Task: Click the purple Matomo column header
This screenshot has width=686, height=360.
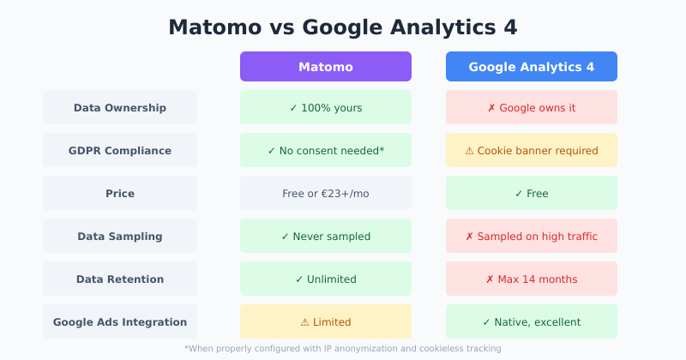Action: [326, 67]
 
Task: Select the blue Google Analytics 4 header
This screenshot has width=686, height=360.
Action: [532, 67]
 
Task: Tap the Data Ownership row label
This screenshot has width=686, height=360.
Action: [120, 108]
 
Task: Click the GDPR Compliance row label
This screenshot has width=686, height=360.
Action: [120, 151]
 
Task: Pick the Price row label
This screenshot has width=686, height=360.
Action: [120, 194]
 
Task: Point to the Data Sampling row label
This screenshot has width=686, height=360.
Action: [120, 237]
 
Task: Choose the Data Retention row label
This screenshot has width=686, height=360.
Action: [120, 279]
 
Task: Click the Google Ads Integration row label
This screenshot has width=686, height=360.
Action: [120, 322]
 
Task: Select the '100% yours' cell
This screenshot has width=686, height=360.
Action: [326, 108]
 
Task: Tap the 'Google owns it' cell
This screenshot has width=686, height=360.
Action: [532, 108]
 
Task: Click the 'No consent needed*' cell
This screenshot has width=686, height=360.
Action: [326, 151]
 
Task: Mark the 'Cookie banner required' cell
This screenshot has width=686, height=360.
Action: [532, 151]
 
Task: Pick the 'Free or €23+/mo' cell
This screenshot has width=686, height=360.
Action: [326, 194]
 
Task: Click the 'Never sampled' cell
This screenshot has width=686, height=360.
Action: [326, 237]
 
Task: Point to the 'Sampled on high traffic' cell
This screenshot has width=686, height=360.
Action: [532, 237]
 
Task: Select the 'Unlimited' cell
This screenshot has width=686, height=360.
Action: [326, 279]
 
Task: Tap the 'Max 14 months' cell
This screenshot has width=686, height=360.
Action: [532, 279]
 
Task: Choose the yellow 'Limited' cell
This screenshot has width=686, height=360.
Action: [326, 322]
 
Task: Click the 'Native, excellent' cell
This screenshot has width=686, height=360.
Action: [532, 322]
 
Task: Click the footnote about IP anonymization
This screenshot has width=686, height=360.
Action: [343, 349]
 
